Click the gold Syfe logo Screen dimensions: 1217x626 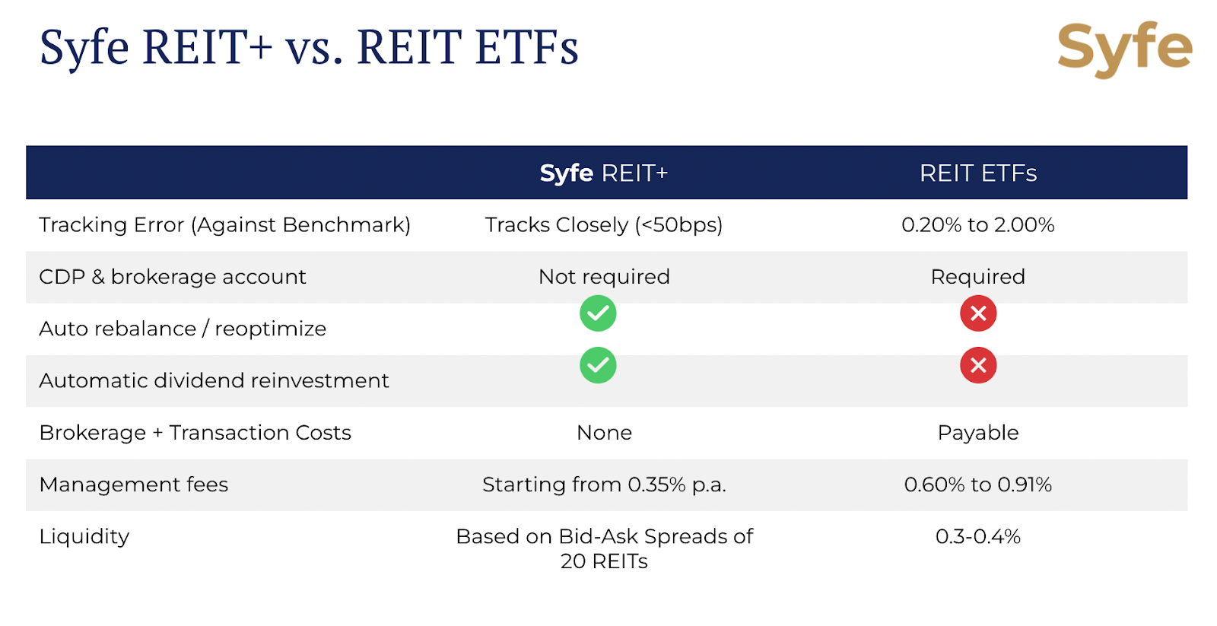click(1125, 50)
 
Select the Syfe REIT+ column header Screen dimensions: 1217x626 click(604, 173)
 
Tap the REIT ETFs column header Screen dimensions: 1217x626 click(978, 173)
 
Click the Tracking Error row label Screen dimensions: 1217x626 click(224, 225)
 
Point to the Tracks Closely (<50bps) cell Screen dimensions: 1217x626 click(604, 225)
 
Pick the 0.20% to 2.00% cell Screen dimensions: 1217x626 click(978, 225)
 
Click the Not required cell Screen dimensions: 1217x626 click(604, 277)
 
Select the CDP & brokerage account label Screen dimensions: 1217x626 click(172, 277)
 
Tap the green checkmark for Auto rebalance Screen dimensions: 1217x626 click(598, 313)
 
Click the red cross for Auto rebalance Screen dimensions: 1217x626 click(978, 313)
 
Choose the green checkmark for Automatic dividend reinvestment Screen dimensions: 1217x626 click(598, 365)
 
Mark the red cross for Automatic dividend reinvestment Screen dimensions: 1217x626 click(978, 365)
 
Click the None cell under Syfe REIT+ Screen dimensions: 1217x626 click(604, 433)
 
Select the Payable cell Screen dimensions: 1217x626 click(978, 433)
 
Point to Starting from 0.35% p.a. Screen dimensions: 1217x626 click(604, 485)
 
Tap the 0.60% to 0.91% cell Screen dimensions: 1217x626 click(978, 485)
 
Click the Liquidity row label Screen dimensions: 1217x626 click(84, 537)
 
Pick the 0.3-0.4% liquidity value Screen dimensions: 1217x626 click(978, 537)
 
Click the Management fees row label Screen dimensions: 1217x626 click(134, 485)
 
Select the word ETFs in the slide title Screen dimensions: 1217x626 click(526, 48)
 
